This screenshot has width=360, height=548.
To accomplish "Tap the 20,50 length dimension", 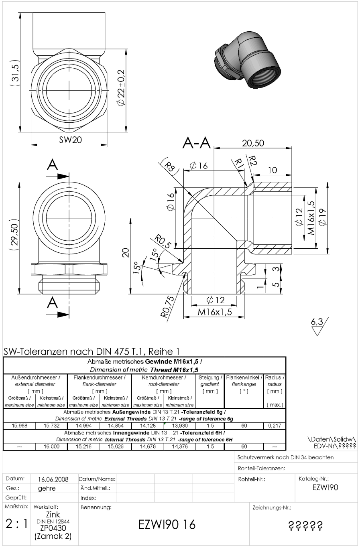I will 253,143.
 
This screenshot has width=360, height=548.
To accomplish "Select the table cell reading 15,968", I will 20,426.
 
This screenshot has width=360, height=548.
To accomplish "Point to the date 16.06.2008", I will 53,479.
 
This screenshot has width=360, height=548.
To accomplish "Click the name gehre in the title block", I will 47,488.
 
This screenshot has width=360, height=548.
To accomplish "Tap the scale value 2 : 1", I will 16,524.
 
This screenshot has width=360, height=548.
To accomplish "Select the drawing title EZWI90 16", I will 167,524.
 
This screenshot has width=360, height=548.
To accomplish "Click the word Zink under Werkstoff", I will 53,514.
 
